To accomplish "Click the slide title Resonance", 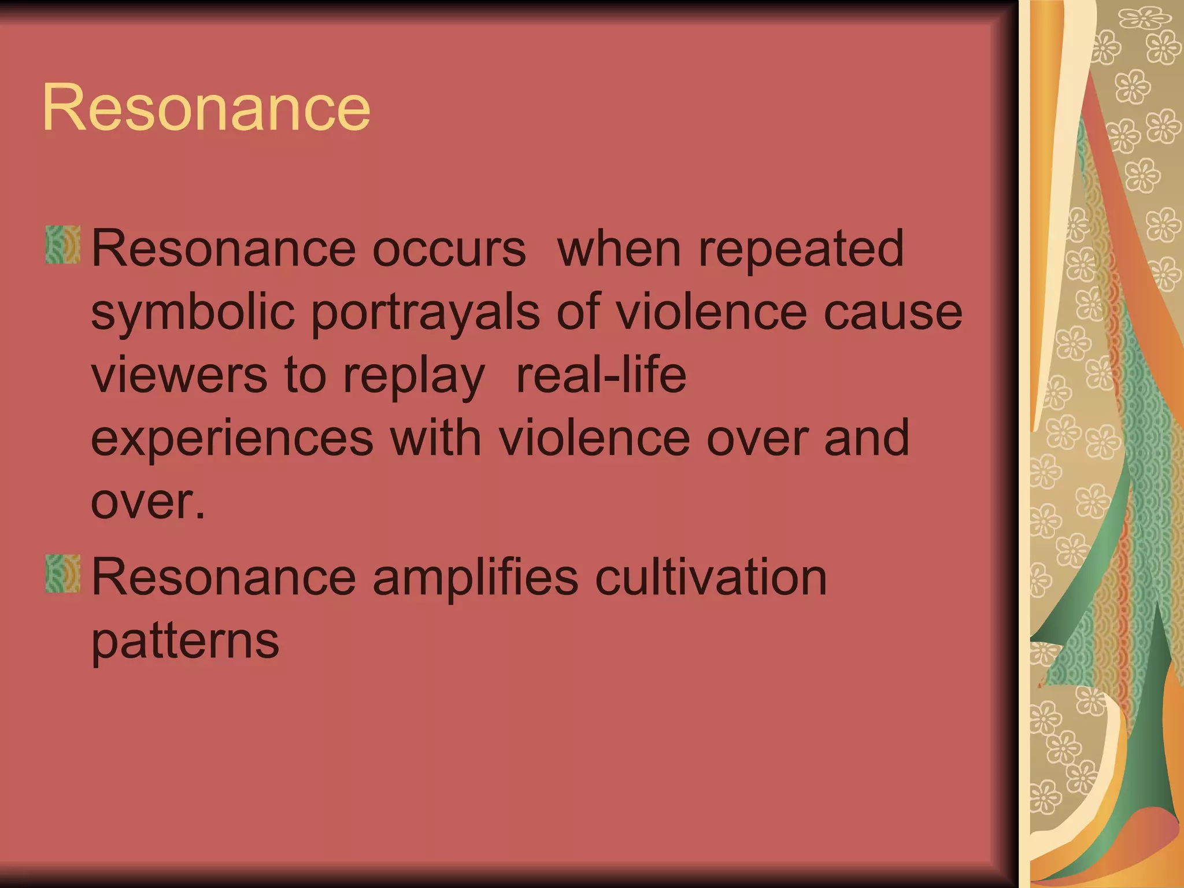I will (x=206, y=108).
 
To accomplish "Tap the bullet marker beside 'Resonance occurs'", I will (x=63, y=245).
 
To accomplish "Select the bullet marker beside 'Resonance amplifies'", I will (x=63, y=574).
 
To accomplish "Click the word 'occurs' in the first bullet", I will (x=449, y=249).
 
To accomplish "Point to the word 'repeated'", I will (x=801, y=249).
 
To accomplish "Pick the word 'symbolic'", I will (x=194, y=313).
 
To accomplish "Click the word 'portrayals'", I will (x=426, y=313).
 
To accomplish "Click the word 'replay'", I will (x=413, y=376).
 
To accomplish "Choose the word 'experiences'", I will (x=232, y=439).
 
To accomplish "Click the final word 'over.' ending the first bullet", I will (x=148, y=502).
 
